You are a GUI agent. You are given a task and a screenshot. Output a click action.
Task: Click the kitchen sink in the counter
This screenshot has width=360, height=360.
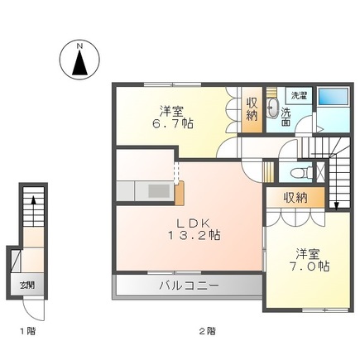[x=156, y=190]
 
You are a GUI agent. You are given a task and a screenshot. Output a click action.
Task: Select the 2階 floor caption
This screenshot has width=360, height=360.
[x=206, y=330]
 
